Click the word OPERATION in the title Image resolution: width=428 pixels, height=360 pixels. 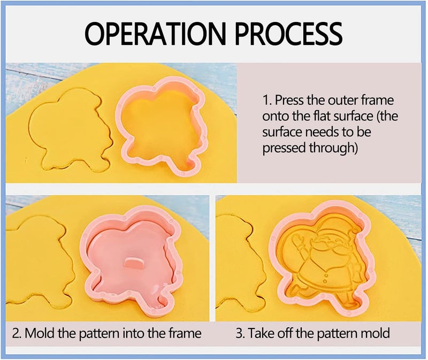[155, 34]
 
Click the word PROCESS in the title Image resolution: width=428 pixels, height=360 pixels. [288, 34]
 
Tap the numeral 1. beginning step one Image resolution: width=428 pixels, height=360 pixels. [267, 101]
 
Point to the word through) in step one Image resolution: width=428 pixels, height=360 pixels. [333, 148]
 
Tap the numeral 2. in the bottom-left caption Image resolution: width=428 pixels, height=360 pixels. [17, 333]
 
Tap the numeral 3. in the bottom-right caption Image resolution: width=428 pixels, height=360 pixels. [240, 333]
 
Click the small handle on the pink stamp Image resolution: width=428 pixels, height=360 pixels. [134, 263]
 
